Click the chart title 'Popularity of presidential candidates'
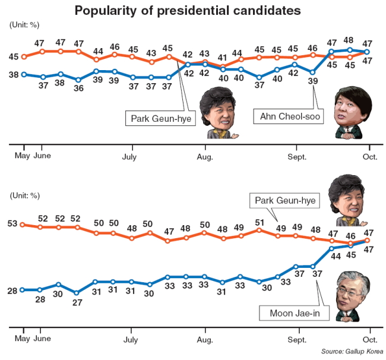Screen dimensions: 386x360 pos(188,11)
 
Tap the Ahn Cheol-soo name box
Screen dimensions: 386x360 pos(288,116)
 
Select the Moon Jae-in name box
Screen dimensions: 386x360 pos(294,313)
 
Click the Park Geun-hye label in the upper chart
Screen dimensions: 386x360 pos(160,118)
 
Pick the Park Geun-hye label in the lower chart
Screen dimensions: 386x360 pos(285,200)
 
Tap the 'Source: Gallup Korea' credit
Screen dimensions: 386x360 pos(352,351)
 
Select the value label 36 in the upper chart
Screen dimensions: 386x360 pos(78,88)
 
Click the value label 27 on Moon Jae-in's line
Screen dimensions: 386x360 pos(77,302)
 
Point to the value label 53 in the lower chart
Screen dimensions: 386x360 pos(12,223)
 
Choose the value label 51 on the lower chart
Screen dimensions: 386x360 pos(260,223)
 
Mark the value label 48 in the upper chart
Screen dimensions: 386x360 pos(349,40)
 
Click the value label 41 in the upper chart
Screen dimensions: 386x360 pos(222,58)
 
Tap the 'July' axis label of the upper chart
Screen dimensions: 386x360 pos(129,157)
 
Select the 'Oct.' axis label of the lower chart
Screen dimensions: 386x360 pos(370,340)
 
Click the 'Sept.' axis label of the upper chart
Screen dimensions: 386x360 pos(297,157)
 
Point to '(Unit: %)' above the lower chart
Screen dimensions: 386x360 pos(24,196)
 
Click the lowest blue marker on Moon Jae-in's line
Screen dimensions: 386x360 pos(77,293)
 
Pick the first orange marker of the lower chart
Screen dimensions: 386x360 pos(22,225)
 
